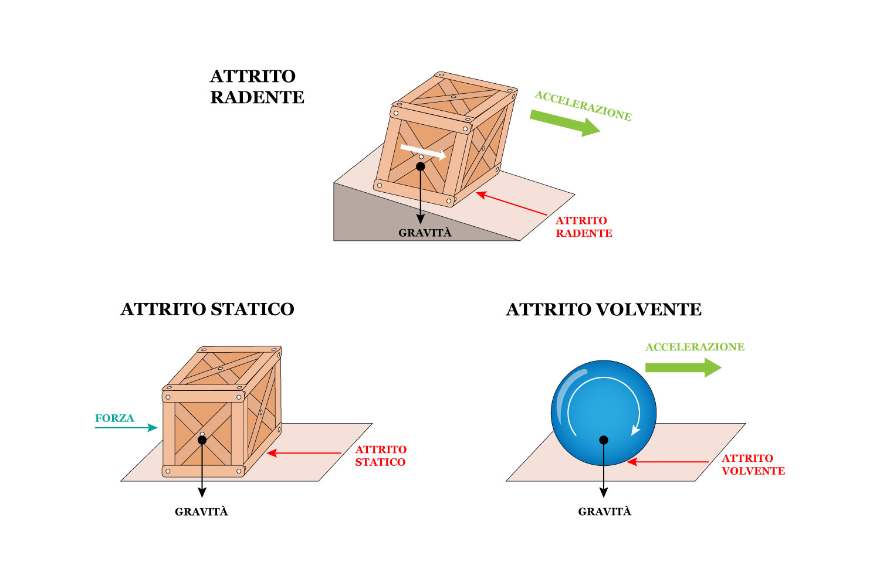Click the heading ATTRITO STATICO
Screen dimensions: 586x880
[207, 309]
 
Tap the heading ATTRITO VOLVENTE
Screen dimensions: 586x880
[603, 309]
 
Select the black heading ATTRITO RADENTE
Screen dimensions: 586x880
[257, 87]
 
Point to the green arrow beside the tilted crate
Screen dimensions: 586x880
[564, 121]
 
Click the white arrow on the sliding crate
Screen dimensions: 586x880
[423, 152]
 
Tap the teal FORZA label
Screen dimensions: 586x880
[114, 418]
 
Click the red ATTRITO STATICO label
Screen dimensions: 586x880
[381, 456]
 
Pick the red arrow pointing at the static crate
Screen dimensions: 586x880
[304, 453]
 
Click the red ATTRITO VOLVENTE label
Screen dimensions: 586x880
[753, 465]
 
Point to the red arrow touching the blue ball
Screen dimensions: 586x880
[668, 462]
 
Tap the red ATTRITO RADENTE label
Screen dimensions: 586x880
[584, 227]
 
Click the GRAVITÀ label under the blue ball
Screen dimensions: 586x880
[604, 512]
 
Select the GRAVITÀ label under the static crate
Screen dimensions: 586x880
[201, 512]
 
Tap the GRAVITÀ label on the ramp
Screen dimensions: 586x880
[425, 233]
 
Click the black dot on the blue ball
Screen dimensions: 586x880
[604, 440]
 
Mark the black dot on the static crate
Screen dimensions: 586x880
[202, 440]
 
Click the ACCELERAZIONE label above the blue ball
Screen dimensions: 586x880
[695, 347]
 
